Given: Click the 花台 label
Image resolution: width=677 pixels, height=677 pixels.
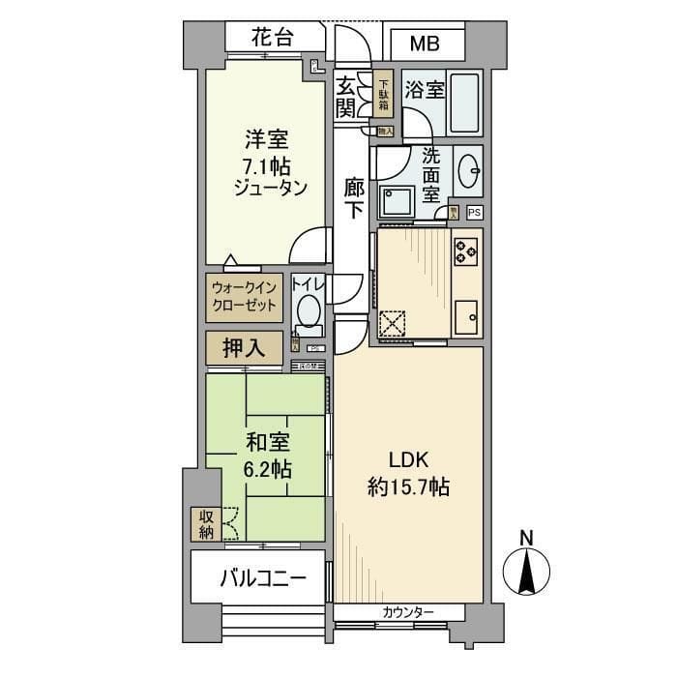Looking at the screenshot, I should coord(272,41).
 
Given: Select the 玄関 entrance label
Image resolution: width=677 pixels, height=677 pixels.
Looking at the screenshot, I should coord(346,97).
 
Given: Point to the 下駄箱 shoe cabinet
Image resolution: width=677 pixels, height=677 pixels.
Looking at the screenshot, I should coord(384,95).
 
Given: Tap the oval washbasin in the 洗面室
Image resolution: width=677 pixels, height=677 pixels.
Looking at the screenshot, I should coord(468,172).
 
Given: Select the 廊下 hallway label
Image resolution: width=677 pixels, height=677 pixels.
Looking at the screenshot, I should coord(355,198).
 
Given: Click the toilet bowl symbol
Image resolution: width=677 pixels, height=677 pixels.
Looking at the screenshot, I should coord(309,310).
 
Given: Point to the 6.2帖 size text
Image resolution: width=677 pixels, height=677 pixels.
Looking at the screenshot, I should coord(266,469).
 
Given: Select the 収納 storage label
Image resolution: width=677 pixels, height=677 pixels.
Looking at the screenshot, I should coord(206,524).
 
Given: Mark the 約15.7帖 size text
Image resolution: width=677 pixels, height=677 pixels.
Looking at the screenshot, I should coord(407,487).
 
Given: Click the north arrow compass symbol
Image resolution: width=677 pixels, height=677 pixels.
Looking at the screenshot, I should coord(527,569).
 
